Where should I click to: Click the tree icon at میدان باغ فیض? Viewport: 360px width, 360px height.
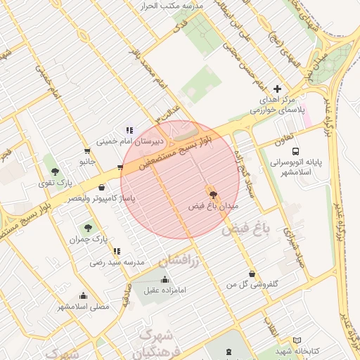point(212,195)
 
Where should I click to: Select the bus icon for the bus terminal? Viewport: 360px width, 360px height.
point(296,151)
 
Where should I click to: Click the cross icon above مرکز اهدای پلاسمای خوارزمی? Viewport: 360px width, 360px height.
point(278,89)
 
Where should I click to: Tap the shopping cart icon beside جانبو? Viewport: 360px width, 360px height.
point(87,150)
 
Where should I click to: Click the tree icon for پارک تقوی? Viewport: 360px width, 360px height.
point(55,172)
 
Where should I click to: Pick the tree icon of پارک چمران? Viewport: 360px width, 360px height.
point(87,228)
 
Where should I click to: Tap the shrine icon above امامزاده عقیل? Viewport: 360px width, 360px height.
point(165,279)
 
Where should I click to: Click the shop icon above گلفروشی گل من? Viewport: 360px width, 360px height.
point(251,274)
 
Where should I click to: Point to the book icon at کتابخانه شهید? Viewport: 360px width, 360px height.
point(297,340)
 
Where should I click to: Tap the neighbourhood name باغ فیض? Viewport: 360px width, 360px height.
point(246,229)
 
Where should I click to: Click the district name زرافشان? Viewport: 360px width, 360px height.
point(180,260)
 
